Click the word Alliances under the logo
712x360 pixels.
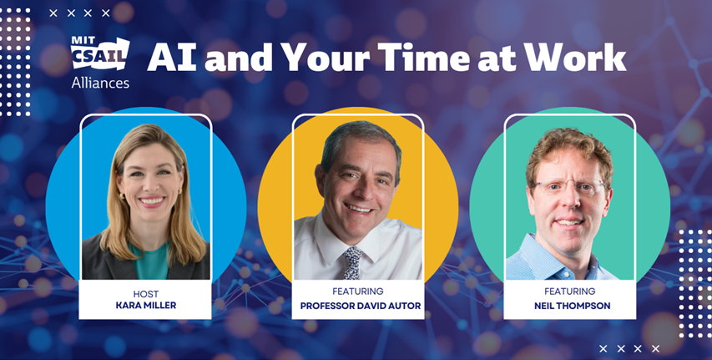(x=100, y=83)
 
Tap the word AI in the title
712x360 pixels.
(x=172, y=58)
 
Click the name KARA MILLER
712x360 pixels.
(x=146, y=306)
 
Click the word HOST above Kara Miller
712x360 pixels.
(x=146, y=292)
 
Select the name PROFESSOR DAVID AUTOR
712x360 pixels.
(x=358, y=306)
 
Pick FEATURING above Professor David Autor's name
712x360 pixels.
(x=358, y=292)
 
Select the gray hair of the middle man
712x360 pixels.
(x=360, y=138)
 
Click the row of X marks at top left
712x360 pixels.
(x=80, y=13)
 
